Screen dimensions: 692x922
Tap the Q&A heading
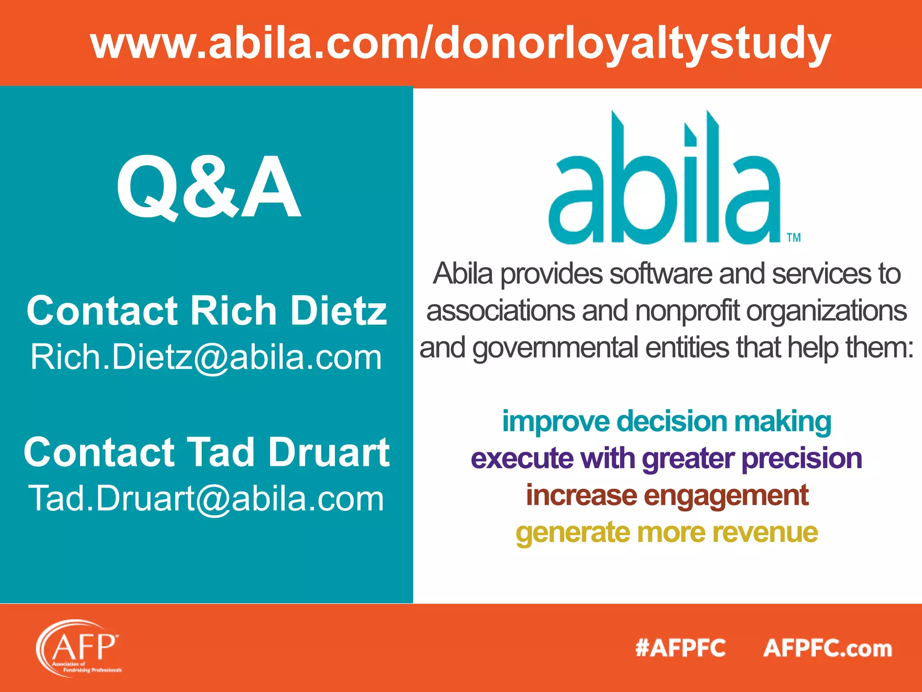208,187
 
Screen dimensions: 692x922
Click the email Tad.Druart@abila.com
206,499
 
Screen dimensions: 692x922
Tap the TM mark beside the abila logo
794,237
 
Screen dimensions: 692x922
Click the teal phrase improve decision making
666,422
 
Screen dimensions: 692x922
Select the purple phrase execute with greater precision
666,459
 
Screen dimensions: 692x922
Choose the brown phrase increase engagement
667,496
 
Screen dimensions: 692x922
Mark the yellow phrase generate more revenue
667,533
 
